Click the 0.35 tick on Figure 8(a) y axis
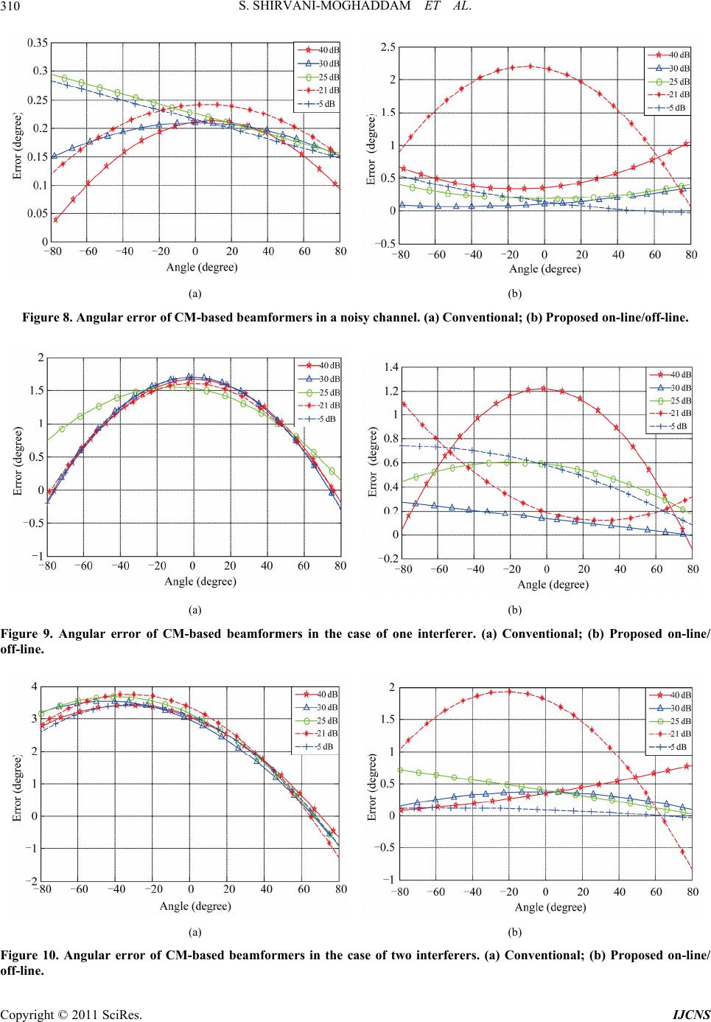[x=38, y=44]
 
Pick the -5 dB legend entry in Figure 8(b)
[x=679, y=108]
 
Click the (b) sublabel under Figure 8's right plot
[x=515, y=293]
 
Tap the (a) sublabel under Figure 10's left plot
[x=195, y=932]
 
